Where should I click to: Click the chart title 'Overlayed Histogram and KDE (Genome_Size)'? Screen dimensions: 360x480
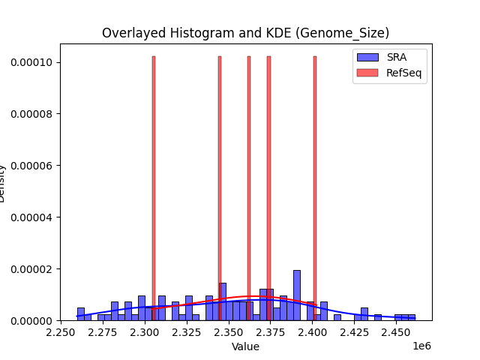point(245,33)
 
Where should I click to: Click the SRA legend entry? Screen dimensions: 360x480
point(391,57)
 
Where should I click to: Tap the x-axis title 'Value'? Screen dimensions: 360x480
point(245,346)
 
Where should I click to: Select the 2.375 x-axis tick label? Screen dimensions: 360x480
point(271,331)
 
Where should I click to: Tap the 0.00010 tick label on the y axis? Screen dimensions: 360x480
point(31,62)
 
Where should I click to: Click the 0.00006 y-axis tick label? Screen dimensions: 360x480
point(31,166)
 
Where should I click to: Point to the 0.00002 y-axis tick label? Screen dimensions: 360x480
point(31,269)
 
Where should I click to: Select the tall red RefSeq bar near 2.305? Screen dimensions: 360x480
point(154,187)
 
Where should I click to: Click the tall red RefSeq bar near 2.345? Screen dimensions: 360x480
point(220,187)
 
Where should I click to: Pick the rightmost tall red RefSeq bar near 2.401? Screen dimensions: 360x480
point(315,187)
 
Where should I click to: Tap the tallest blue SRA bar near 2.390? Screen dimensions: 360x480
point(297,295)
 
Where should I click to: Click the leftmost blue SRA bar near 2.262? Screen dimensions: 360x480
point(80,313)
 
